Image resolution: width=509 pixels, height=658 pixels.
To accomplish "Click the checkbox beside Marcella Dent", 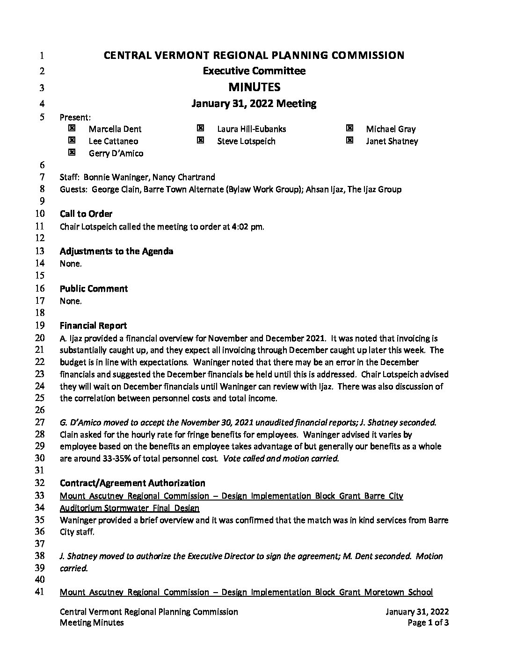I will click(72, 128).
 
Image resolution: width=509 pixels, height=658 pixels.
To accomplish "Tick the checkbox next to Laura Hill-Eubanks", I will click(200, 128).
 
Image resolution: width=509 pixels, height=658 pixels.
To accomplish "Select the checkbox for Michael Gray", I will click(349, 128).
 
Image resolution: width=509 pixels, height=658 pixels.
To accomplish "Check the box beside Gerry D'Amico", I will click(72, 152).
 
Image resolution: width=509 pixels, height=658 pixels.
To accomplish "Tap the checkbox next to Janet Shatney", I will click(349, 140).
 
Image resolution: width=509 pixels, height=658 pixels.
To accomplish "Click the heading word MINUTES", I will click(254, 87).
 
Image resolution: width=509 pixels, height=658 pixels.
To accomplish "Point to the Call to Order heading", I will click(86, 214).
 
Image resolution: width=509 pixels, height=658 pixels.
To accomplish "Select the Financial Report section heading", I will click(93, 326).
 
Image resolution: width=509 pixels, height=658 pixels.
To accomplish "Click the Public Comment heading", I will click(94, 289).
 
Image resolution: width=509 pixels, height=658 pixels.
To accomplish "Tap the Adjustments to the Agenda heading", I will click(116, 251).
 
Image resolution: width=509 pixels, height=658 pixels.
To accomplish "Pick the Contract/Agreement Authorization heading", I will click(132, 483).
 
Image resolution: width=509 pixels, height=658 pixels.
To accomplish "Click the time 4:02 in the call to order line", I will click(241, 227).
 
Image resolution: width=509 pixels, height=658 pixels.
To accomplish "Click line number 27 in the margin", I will click(40, 422).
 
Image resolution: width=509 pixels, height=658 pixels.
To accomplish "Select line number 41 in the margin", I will click(40, 592).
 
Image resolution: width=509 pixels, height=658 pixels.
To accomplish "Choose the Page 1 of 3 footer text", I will click(428, 622).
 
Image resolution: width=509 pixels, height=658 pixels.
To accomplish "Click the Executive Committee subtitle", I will click(254, 71).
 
